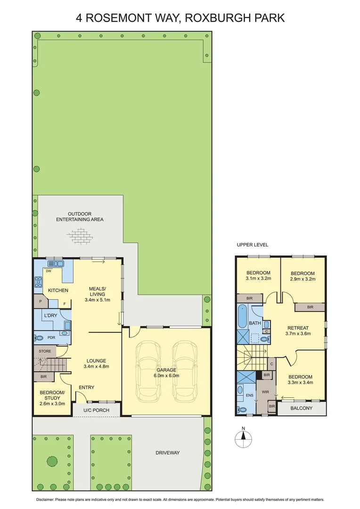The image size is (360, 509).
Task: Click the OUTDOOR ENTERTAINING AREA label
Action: click(x=80, y=217)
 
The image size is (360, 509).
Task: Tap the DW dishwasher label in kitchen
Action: click(x=49, y=271)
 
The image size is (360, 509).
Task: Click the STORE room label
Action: click(x=44, y=351)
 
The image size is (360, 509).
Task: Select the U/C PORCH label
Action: click(x=96, y=410)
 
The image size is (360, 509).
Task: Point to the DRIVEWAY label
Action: click(x=167, y=453)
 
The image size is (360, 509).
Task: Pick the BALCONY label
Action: click(x=301, y=409)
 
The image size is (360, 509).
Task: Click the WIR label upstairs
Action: click(x=265, y=391)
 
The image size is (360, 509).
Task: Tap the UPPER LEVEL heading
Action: click(x=252, y=245)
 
